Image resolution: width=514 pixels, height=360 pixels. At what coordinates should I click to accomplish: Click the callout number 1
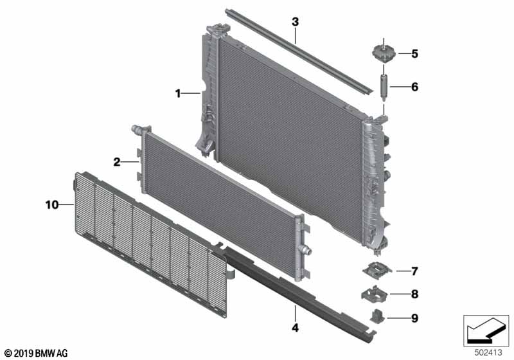178,94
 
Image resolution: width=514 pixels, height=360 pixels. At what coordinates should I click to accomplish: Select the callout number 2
117,162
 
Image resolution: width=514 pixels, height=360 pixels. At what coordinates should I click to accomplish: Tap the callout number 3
295,22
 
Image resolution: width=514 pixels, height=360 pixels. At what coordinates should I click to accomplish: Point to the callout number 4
296,327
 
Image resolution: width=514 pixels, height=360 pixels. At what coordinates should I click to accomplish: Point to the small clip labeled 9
377,316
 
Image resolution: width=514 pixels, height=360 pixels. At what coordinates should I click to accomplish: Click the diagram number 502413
488,353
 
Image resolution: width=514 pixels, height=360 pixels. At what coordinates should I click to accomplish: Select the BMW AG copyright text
36,353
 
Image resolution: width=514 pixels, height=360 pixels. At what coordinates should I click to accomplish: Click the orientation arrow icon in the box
486,330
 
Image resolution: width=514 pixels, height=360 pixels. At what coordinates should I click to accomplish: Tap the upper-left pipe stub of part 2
136,129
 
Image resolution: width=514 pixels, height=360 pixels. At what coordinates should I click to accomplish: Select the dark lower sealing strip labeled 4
295,292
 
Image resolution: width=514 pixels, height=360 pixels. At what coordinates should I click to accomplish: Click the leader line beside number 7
403,271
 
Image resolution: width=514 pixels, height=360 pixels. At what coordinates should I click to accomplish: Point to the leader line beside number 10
67,205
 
